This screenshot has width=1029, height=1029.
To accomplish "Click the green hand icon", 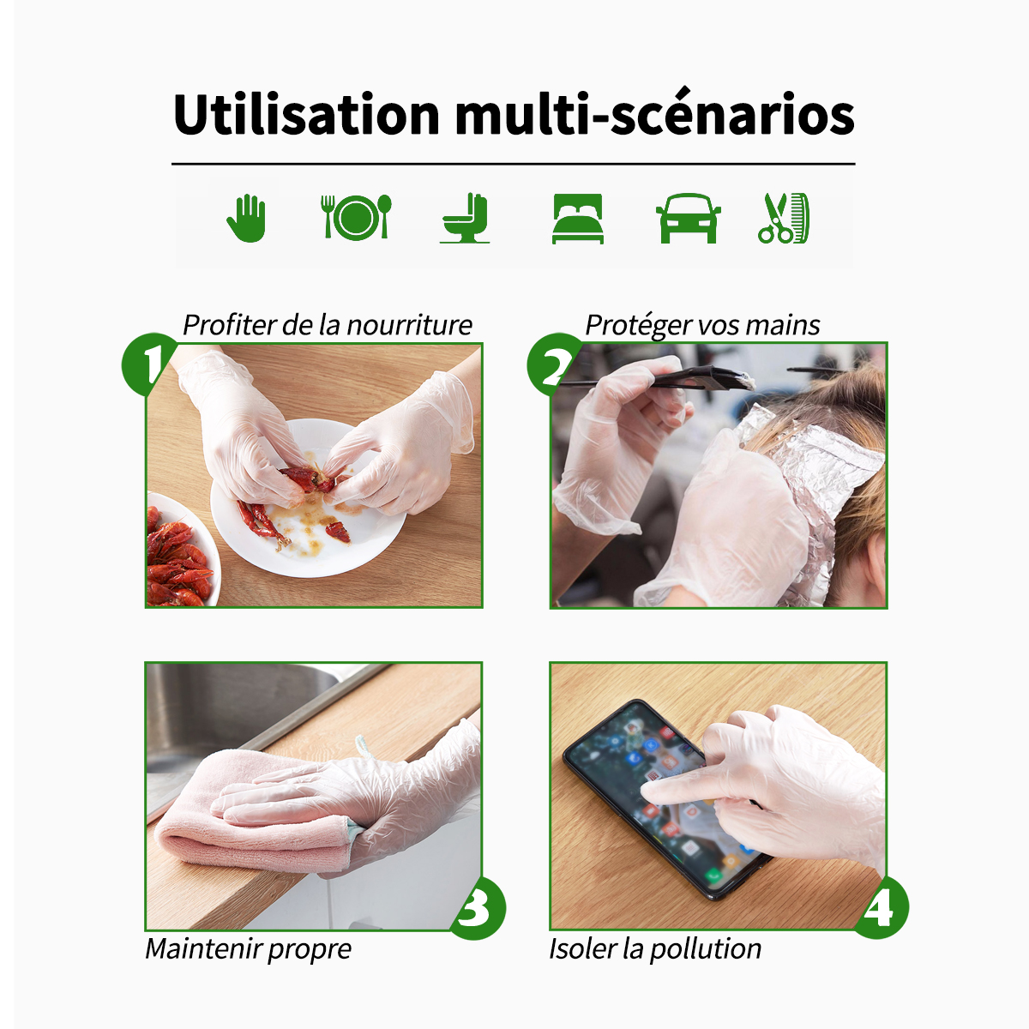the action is (x=246, y=218).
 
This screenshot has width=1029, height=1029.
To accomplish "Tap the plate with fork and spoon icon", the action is (x=356, y=217).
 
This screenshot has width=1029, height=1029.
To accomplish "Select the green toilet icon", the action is (x=465, y=218).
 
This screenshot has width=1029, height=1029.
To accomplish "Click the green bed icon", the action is (x=578, y=219).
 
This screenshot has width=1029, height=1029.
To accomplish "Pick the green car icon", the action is (x=688, y=218).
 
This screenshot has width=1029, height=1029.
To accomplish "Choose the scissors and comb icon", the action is (x=784, y=219).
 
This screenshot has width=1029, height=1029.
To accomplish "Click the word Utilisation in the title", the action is (x=306, y=114).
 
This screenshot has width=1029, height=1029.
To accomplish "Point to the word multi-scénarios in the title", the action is (x=654, y=114).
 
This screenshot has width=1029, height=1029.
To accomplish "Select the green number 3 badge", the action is (x=477, y=908).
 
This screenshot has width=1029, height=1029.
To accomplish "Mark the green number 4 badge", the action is (x=881, y=908).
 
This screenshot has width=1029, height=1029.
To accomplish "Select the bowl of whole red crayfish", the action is (x=182, y=550).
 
